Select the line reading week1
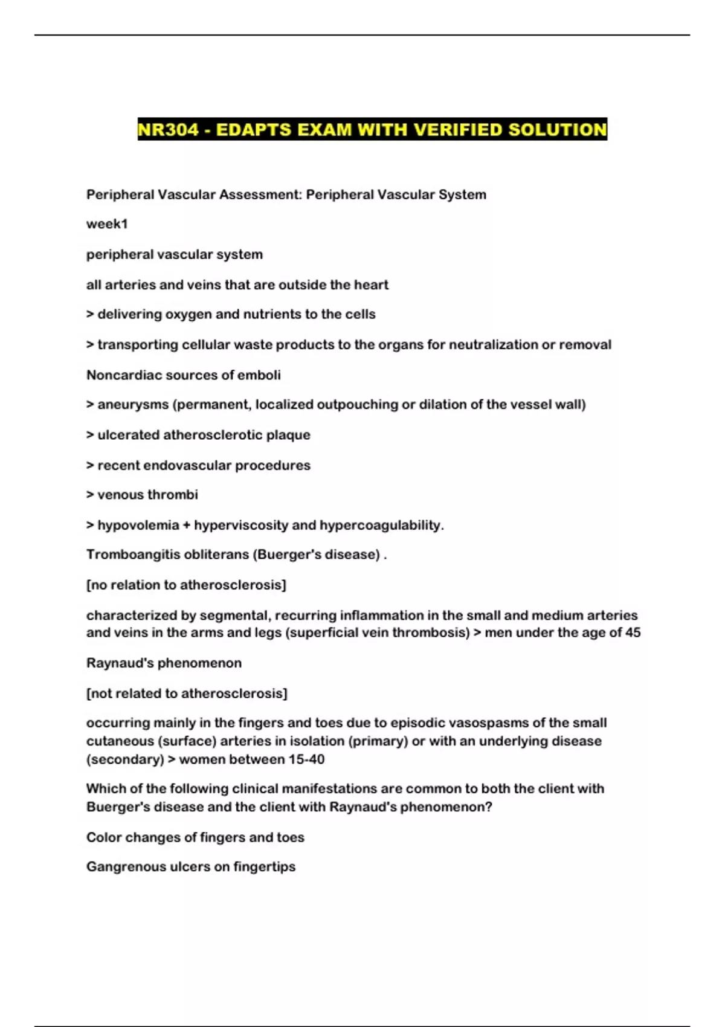coord(107,224)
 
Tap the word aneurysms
coord(133,405)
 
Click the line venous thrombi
coord(142,495)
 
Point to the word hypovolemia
coord(138,526)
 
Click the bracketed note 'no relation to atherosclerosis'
coord(186,585)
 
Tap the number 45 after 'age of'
coord(632,633)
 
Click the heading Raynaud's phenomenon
coord(164,663)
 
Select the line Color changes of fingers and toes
coord(195,837)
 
